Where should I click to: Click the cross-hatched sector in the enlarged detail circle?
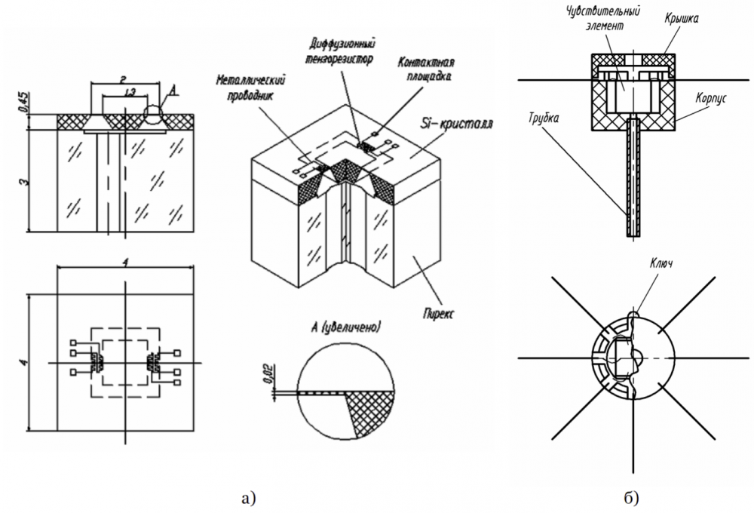coord(368,408)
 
